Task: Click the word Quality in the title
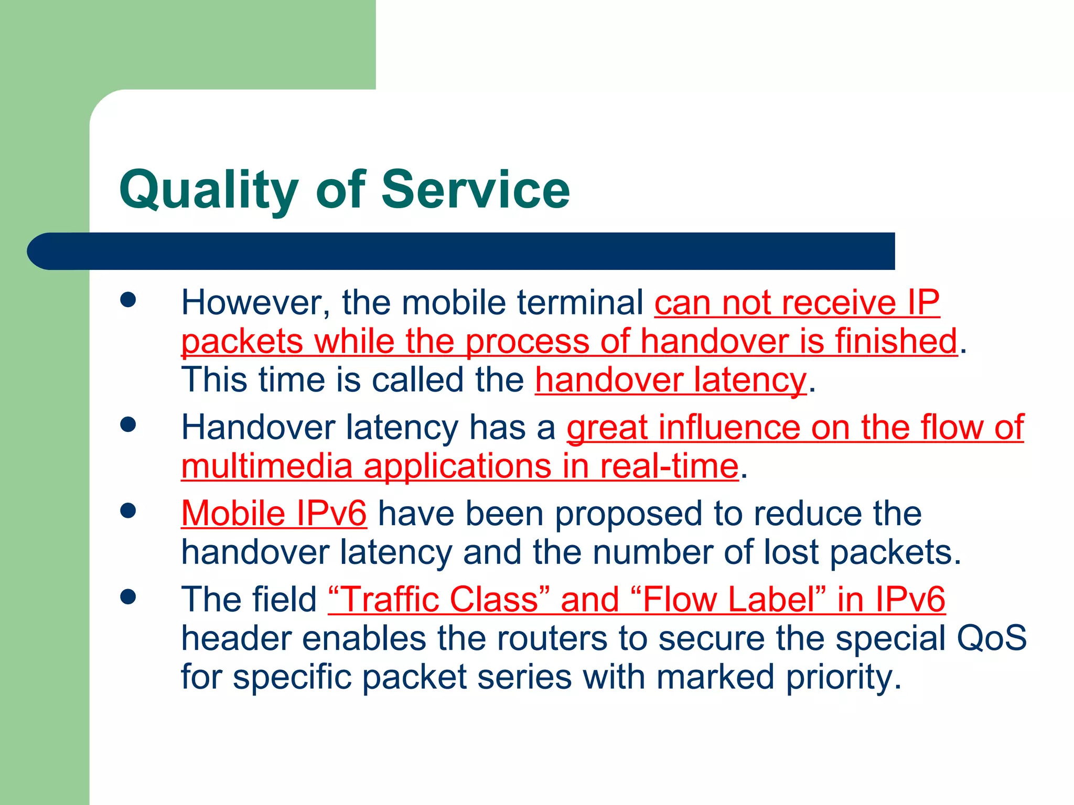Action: click(208, 190)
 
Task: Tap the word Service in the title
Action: click(475, 190)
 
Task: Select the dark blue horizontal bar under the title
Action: click(461, 251)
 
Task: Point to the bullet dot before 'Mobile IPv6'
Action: click(128, 510)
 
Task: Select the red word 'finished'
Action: click(896, 341)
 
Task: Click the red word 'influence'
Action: click(729, 427)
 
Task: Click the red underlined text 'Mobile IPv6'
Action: click(274, 513)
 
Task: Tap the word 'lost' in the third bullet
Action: click(790, 552)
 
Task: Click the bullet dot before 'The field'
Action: click(128, 596)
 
